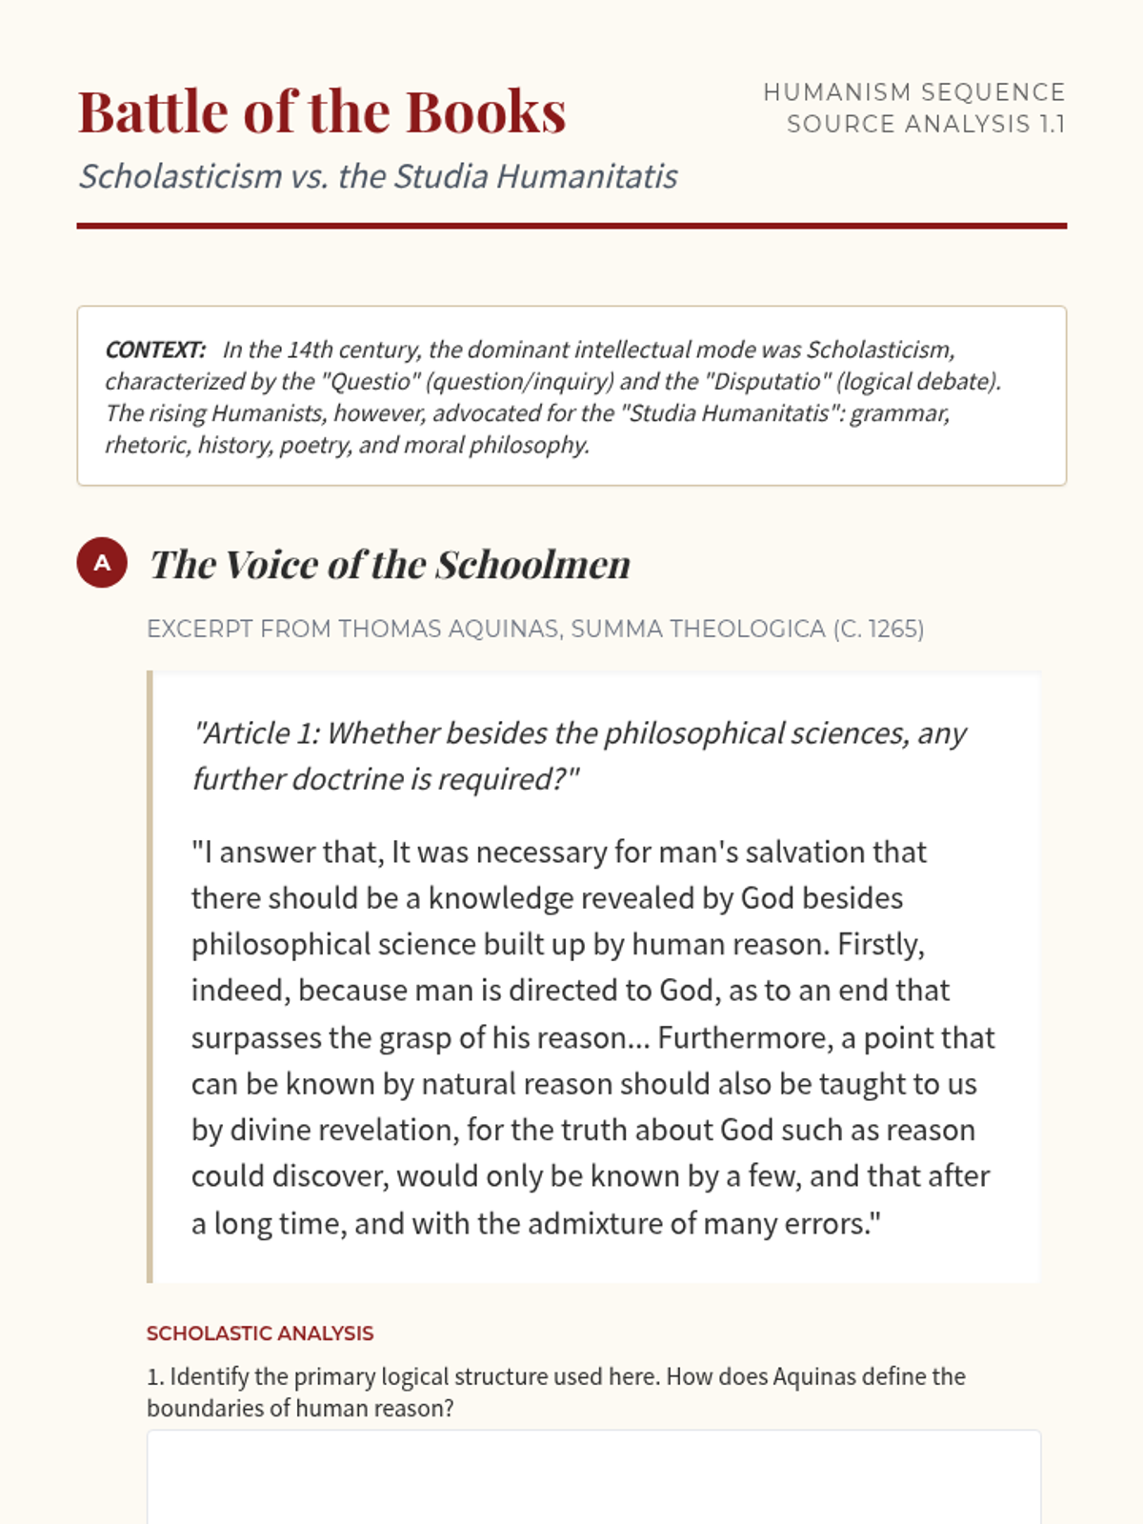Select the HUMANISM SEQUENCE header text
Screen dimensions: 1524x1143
[x=913, y=92]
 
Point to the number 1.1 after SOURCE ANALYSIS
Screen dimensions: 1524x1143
[x=1052, y=125]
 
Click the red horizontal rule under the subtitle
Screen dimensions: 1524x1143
[x=571, y=226]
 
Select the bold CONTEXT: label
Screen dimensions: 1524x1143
[x=155, y=350]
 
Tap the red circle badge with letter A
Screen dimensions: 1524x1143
[x=102, y=562]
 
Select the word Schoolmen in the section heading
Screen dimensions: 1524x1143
[x=533, y=565]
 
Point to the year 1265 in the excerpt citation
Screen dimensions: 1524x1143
[x=892, y=629]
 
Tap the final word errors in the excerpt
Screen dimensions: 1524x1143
[x=825, y=1223]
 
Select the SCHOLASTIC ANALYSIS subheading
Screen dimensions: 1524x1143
[x=260, y=1333]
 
